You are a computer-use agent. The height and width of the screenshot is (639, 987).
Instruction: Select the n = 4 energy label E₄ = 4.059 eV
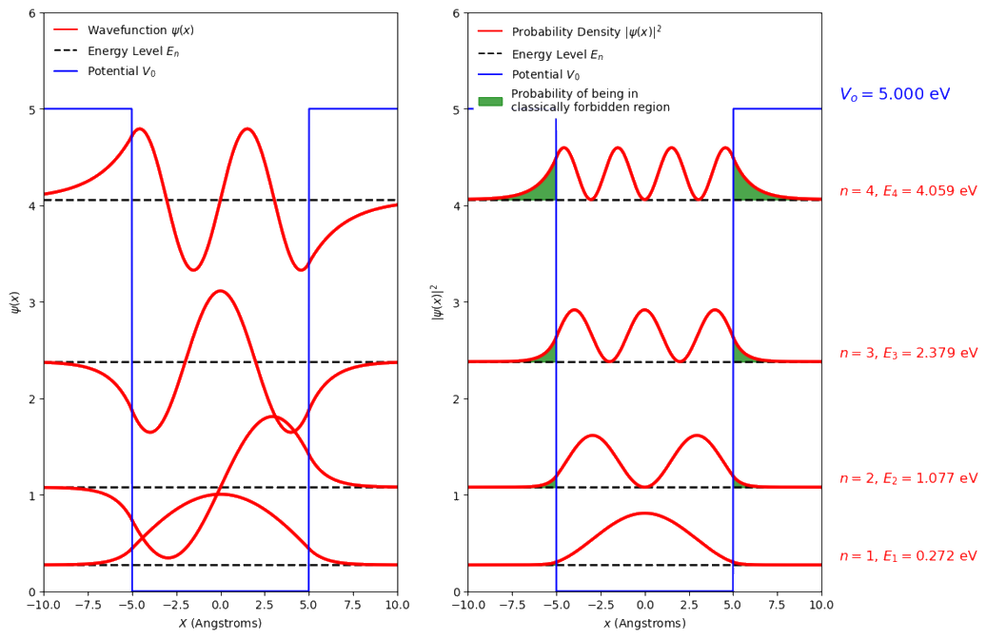[x=908, y=190]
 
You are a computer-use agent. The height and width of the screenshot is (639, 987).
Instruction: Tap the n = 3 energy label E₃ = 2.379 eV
[x=908, y=353]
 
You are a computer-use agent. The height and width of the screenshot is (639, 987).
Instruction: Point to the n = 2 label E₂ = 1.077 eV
[x=908, y=478]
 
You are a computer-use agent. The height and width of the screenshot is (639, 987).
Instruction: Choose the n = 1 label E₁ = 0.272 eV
[x=908, y=556]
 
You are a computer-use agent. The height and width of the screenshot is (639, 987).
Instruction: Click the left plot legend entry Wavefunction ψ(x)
[x=139, y=30]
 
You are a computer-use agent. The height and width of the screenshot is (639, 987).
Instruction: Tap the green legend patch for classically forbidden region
[x=489, y=100]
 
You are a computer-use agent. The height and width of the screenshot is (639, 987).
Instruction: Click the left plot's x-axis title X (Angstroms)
[x=220, y=624]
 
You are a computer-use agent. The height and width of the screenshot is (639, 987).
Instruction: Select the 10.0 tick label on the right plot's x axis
[x=821, y=605]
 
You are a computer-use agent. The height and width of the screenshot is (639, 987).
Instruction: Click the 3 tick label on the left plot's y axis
[x=33, y=302]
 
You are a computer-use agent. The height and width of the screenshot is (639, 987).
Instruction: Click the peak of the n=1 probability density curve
[x=644, y=513]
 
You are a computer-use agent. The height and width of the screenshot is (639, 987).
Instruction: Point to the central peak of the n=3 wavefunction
[x=220, y=291]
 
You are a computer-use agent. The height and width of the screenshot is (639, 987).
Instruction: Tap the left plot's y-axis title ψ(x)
[x=13, y=302]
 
